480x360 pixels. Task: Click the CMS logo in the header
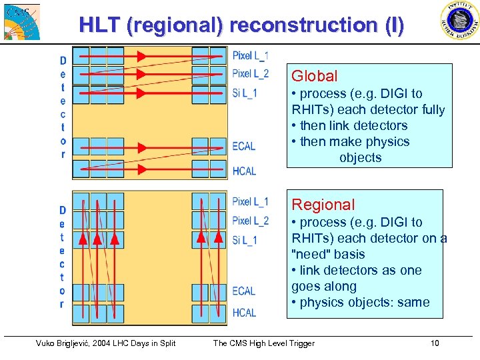pos(21,21)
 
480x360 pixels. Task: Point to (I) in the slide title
pos(392,25)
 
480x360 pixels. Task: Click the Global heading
pos(315,77)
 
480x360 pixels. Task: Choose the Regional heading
pos(323,205)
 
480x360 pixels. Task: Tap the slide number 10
pos(435,343)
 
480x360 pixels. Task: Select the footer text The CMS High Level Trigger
pos(263,343)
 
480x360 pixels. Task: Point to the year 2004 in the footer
pos(116,343)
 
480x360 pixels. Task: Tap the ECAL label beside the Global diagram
pos(244,147)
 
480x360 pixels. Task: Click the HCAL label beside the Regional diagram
pos(244,313)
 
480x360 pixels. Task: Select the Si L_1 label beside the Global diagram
pos(245,93)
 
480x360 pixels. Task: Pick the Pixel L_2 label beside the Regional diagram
pos(251,221)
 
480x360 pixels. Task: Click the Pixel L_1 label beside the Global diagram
pos(251,55)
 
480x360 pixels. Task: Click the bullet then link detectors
pos(349,125)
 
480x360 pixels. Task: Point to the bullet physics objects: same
pos(360,302)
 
